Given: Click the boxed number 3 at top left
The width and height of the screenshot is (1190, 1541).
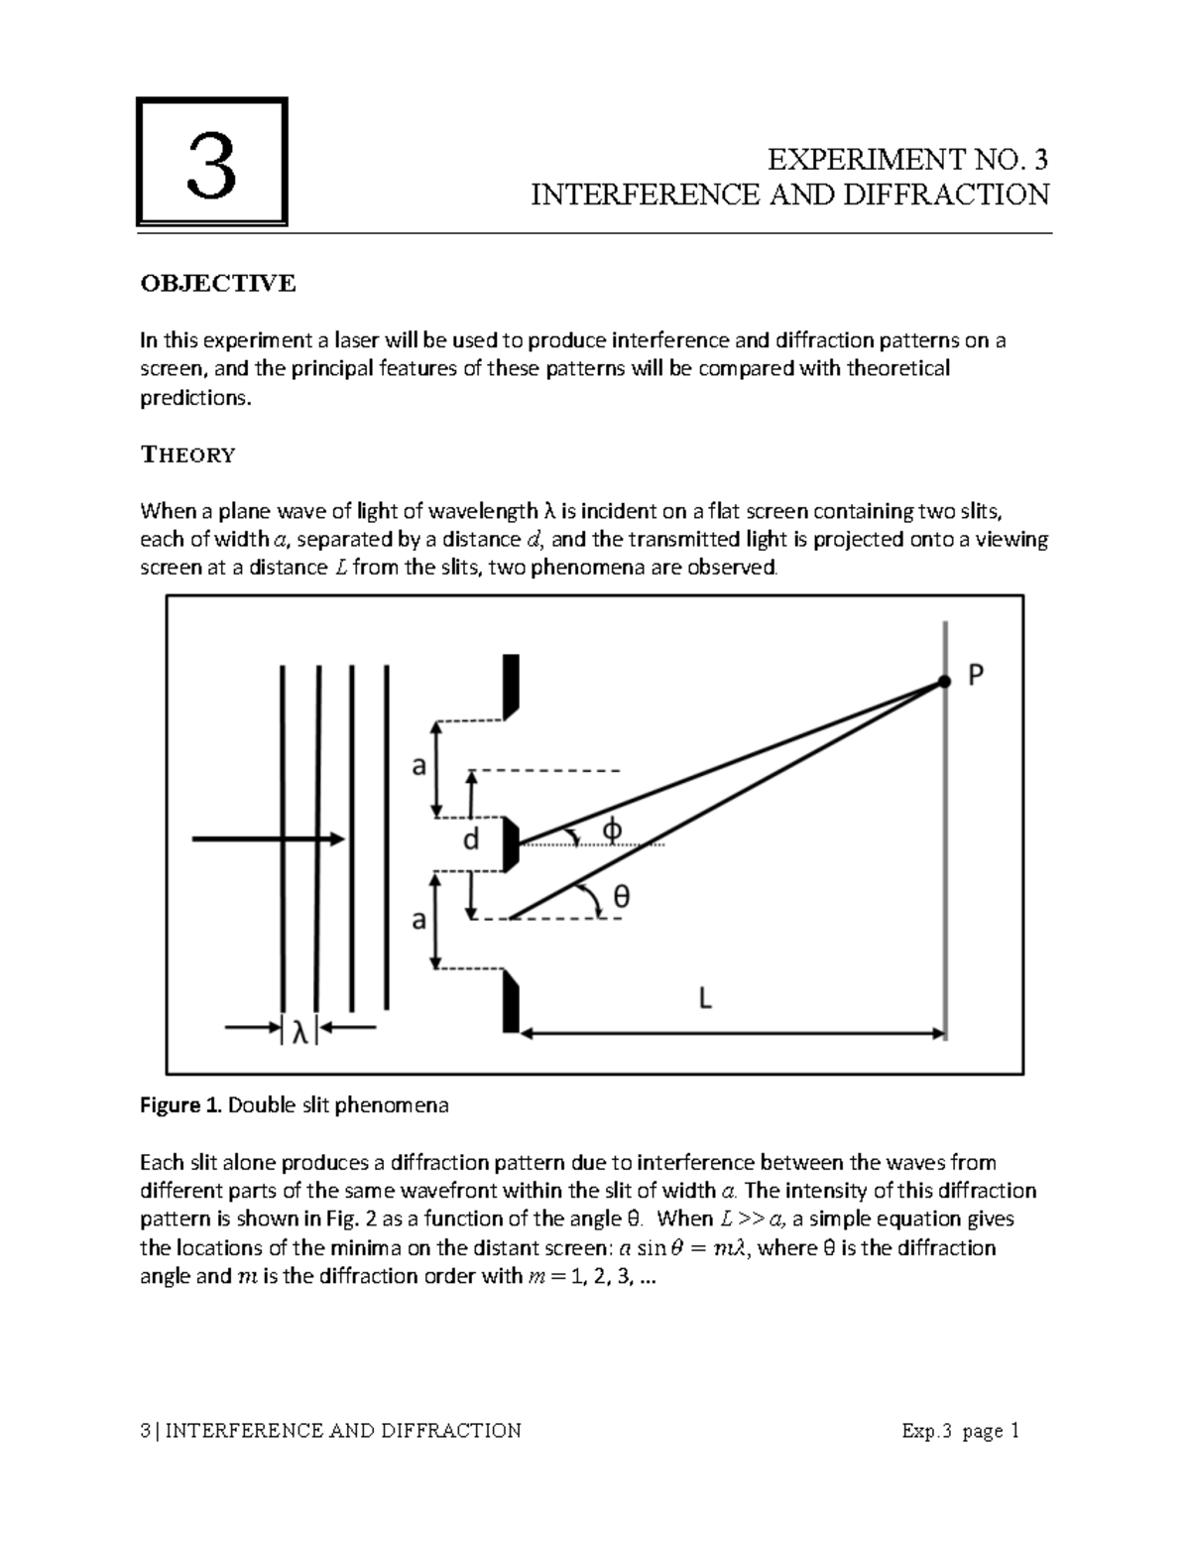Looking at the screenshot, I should coord(211,164).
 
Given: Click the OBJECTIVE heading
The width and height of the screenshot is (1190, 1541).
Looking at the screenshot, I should coord(217,284).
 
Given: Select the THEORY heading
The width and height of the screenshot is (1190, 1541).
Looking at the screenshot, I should coord(187,454).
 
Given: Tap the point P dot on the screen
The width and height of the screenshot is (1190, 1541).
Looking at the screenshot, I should coord(944,681).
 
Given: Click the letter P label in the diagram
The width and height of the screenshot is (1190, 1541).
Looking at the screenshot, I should coord(976,676).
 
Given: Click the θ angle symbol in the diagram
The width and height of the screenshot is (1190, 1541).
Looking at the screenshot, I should coord(621,896).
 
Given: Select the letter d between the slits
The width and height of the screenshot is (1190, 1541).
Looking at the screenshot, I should coord(471,840).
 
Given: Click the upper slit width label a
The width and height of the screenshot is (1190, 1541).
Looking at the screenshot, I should coord(418,766).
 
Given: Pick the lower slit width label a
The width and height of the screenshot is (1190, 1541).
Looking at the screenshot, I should coord(418,921).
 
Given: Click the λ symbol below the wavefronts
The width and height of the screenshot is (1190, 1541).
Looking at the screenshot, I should coord(299,1031).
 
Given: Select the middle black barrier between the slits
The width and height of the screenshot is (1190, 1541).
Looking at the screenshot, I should coord(511,844).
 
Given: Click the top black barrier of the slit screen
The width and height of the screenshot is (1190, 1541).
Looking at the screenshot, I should coord(511,686).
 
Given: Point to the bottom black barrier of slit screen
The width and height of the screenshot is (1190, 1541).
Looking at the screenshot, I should coord(511,1003).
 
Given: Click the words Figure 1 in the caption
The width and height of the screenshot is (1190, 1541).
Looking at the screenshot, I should coord(181,1105).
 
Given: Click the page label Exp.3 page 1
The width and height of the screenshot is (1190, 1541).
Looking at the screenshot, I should coord(960,1430).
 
